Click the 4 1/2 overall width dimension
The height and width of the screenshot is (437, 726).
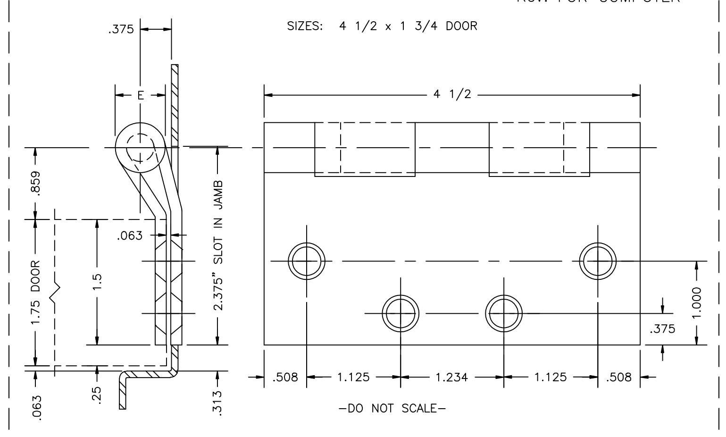[x=452, y=94]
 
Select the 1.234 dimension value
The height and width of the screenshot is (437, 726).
[x=452, y=378]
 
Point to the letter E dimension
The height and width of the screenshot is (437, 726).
[x=141, y=96]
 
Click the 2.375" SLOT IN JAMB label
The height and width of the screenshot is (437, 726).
[x=218, y=245]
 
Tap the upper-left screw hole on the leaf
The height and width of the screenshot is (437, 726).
[x=307, y=261]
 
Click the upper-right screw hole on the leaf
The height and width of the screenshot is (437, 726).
[x=598, y=261]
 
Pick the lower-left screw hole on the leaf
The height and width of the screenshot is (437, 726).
[x=401, y=313]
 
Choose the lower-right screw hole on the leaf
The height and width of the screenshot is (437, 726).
[x=504, y=313]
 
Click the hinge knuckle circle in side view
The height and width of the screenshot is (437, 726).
[x=140, y=148]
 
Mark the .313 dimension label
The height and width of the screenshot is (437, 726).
[x=218, y=402]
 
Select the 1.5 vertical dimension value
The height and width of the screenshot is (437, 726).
[x=98, y=282]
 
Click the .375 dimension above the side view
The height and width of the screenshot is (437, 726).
[x=121, y=30]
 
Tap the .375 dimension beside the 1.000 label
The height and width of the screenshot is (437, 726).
[x=662, y=329]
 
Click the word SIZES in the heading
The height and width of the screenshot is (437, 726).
[x=305, y=26]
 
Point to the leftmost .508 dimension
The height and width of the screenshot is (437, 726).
[x=285, y=378]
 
